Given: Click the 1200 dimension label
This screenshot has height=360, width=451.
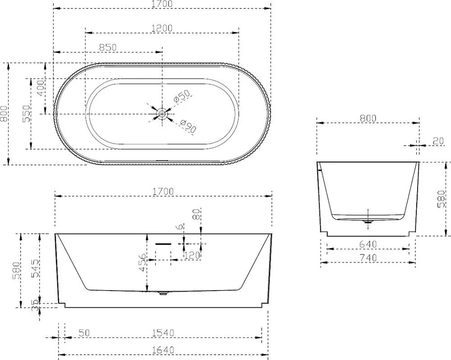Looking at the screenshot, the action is click(162, 28).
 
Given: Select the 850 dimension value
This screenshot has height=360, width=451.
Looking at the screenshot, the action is click(108, 47).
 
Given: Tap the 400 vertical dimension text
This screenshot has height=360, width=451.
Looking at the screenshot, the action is click(41, 88).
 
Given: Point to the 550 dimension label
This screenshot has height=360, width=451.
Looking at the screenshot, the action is click(26, 114).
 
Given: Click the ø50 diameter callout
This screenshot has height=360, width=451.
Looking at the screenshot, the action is click(182, 96).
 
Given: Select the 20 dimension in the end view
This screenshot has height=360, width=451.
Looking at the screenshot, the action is click(438, 141).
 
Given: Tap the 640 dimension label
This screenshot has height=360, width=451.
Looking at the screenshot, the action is click(368, 245).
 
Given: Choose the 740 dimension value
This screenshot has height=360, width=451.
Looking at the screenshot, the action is click(368, 258).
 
